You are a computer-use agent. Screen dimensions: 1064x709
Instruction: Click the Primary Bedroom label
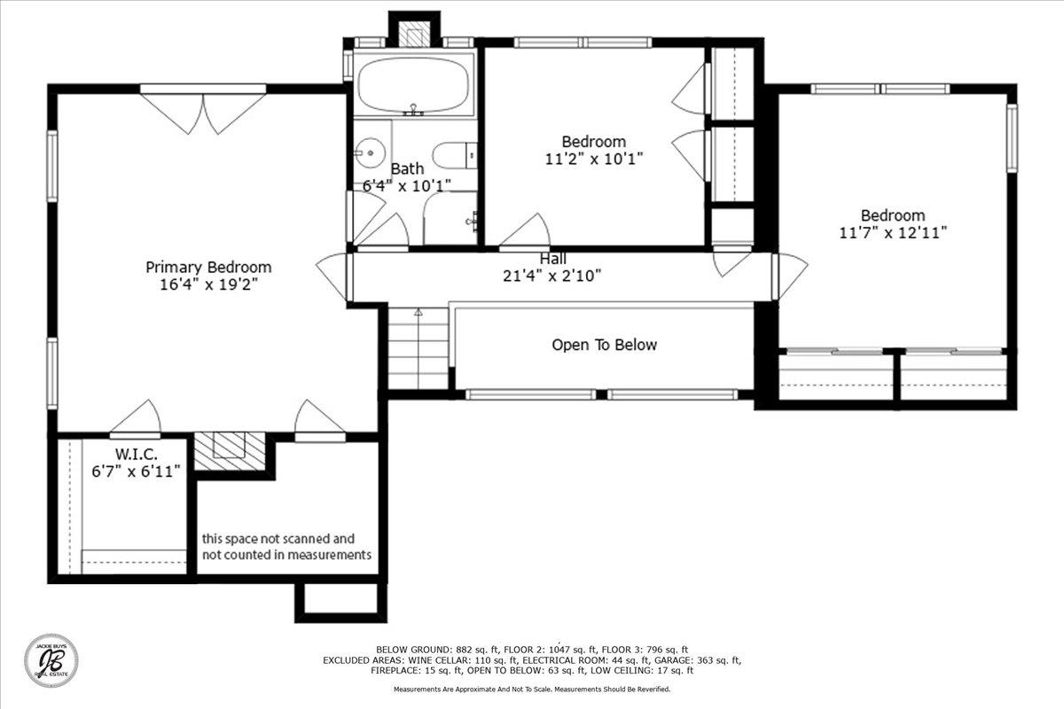point(208,267)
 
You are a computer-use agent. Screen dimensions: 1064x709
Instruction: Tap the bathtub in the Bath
point(414,84)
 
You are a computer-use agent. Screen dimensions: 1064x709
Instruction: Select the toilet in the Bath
point(455,155)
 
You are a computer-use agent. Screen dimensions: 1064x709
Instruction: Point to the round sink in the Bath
point(370,153)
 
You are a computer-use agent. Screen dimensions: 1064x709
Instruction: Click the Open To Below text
point(604,345)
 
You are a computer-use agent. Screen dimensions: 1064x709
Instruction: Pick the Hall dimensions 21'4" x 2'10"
point(552,276)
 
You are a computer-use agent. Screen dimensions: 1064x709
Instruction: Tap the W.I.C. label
point(136,455)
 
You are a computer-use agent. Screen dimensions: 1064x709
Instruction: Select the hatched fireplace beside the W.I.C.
point(230,451)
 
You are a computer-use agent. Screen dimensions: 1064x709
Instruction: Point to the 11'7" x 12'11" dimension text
point(893,233)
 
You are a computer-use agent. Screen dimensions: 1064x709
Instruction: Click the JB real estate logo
point(51,660)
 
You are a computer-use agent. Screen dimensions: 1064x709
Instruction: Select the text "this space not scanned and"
point(278,539)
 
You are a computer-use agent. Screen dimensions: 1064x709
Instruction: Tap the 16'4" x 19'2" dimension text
point(208,284)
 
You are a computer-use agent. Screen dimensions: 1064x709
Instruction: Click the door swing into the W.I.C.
point(137,417)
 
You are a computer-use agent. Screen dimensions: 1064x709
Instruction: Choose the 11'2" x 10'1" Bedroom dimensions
point(594,159)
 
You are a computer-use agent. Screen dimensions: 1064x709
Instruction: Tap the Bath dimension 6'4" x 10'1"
point(407,186)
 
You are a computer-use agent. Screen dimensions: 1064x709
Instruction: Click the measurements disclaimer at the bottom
point(532,689)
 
